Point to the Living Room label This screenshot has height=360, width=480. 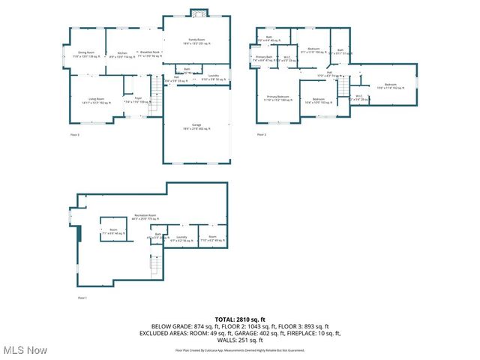click(96, 99)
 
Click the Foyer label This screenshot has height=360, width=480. click(138, 99)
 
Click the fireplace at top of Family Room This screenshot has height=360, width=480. click(197, 13)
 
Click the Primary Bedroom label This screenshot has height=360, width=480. click(278, 97)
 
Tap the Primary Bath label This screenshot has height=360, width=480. click(263, 58)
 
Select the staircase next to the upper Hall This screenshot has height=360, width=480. click(347, 88)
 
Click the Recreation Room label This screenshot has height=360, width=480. click(145, 216)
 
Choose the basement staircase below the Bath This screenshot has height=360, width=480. click(156, 264)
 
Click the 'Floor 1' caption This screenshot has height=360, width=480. click(82, 298)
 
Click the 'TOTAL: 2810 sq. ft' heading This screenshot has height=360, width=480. click(240, 319)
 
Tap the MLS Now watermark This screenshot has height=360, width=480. click(25, 350)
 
